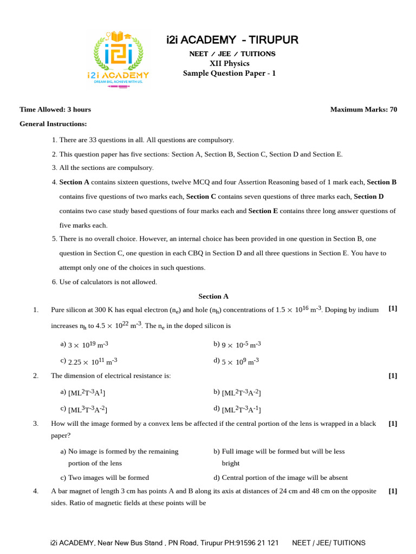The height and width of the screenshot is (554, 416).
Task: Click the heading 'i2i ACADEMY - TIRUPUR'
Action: (232, 40)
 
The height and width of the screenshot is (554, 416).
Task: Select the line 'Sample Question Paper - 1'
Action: (229, 74)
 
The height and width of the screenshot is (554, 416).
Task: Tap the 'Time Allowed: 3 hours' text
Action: (55, 109)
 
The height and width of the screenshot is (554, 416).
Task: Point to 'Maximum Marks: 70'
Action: (363, 109)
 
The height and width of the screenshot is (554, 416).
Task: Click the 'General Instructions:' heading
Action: (53, 124)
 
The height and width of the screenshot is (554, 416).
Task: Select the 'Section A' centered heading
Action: (213, 296)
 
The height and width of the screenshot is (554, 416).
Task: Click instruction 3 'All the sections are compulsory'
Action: (103, 168)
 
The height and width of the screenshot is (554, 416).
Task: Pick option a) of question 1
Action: (87, 344)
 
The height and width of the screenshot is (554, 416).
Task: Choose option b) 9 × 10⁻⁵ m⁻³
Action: (237, 344)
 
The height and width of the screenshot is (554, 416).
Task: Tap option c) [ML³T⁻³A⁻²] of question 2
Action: (87, 409)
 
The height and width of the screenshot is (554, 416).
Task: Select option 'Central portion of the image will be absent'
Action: (281, 478)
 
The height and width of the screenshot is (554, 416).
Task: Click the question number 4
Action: (36, 491)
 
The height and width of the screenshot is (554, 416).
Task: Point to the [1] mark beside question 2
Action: (393, 375)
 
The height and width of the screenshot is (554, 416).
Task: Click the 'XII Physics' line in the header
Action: (229, 63)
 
